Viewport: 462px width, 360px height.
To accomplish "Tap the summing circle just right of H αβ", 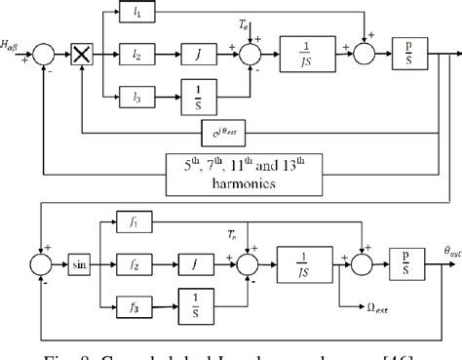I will click(x=43, y=47).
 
